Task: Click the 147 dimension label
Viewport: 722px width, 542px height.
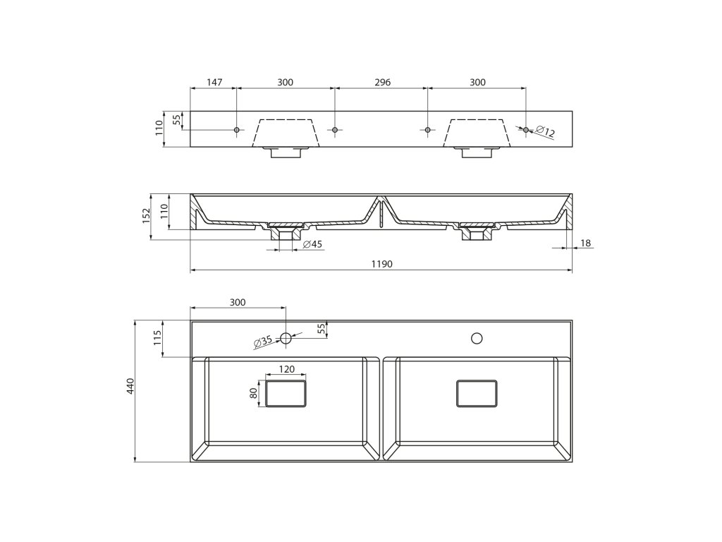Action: click(x=214, y=83)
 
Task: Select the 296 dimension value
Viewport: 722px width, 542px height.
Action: click(x=382, y=83)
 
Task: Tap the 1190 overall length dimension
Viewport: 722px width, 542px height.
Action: click(x=381, y=264)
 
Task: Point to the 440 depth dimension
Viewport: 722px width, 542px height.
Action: click(x=130, y=386)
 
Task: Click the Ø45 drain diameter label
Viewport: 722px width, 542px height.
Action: click(x=312, y=244)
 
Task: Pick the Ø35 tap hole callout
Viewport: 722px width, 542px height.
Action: click(x=264, y=342)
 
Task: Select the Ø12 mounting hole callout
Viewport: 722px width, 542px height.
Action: click(x=545, y=132)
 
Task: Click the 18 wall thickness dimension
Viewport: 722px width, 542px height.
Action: click(x=586, y=243)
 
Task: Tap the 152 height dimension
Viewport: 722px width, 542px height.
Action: click(x=147, y=216)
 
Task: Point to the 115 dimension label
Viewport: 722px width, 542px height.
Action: click(x=158, y=339)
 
